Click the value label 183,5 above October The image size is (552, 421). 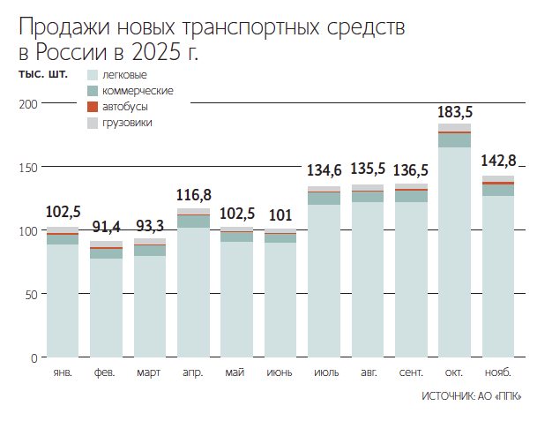[x=455, y=112]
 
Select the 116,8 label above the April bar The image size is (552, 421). [x=193, y=194]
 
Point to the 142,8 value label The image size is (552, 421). [x=498, y=161]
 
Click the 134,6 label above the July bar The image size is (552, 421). [x=324, y=170]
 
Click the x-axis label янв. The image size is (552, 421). [x=62, y=372]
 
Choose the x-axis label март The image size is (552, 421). [x=149, y=372]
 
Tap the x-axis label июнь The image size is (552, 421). [x=280, y=372]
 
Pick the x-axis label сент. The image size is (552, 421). [x=411, y=372]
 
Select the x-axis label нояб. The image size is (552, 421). [x=498, y=372]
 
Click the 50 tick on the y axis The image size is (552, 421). [x=31, y=294]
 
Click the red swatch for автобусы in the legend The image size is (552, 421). [x=92, y=107]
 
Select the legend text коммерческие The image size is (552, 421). [x=138, y=91]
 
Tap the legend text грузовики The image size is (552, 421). [x=127, y=123]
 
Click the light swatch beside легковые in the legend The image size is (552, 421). [x=92, y=75]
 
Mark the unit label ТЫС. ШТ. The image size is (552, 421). [x=43, y=73]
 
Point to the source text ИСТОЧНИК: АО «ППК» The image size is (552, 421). [x=472, y=397]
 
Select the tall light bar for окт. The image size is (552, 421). [x=455, y=252]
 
